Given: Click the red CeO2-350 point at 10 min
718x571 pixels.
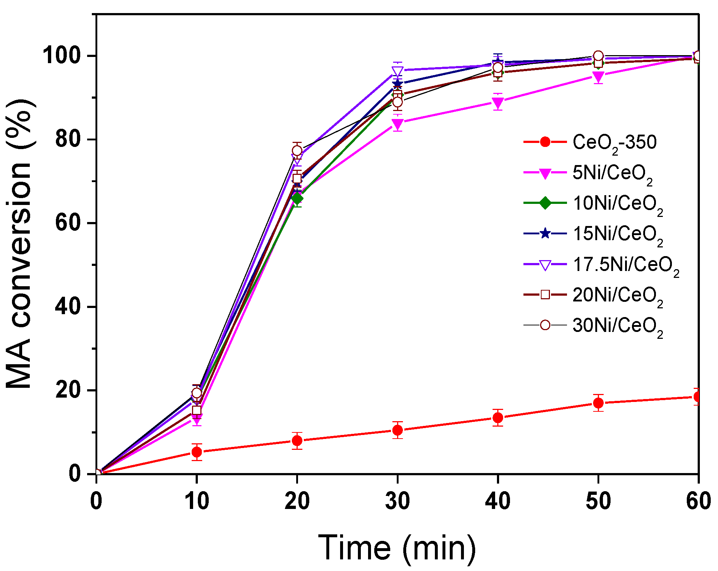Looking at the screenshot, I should pos(197,452).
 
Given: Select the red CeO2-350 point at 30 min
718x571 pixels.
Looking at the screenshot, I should pos(397,430).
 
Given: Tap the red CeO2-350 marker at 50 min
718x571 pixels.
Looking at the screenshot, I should pos(598,403).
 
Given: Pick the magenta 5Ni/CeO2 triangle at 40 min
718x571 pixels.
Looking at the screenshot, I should pos(498,103).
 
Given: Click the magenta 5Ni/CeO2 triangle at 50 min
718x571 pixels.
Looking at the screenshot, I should pos(598,77).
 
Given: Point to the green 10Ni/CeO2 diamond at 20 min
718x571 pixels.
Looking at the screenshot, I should pos(297,198).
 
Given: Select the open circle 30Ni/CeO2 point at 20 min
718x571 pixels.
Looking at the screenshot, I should pos(297,150).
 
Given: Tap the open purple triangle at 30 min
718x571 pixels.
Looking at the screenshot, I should pos(397,71).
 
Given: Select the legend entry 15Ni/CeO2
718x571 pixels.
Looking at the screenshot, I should pos(617,234).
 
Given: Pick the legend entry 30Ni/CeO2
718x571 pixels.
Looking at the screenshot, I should pos(617,325).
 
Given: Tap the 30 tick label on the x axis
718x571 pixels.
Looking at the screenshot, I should pos(397,501).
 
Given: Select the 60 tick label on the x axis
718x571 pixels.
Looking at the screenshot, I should pos(698,501).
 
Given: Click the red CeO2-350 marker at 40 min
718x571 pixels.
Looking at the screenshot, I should pos(498,418).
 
